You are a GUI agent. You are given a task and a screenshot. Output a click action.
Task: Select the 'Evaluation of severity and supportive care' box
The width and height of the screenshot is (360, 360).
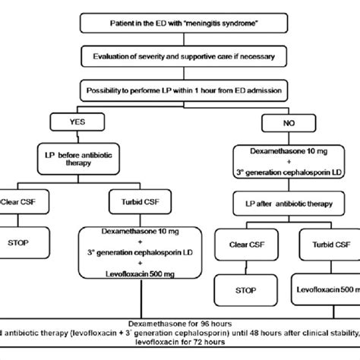[180, 57]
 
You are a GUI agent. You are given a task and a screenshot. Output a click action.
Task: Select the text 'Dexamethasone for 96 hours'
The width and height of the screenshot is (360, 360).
[180, 322]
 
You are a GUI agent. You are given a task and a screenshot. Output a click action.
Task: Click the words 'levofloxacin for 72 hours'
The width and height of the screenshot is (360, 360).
[180, 346]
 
